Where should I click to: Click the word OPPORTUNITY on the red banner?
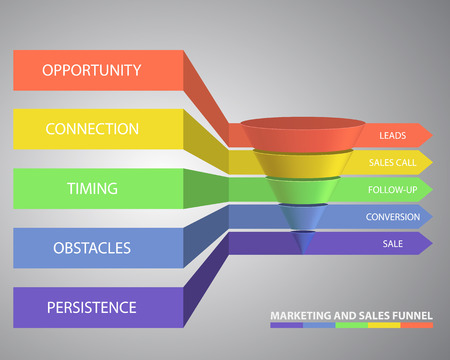click(x=92, y=71)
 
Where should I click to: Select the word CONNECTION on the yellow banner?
click(x=92, y=130)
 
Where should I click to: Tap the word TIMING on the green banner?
click(x=92, y=188)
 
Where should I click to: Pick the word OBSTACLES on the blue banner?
click(x=92, y=247)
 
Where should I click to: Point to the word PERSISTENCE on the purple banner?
click(x=92, y=306)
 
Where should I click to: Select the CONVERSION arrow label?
click(x=393, y=216)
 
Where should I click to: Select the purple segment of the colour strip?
click(x=286, y=325)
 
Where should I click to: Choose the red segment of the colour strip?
click(x=417, y=325)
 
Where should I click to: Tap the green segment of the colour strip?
click(x=351, y=325)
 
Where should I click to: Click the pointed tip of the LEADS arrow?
click(x=430, y=134)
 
